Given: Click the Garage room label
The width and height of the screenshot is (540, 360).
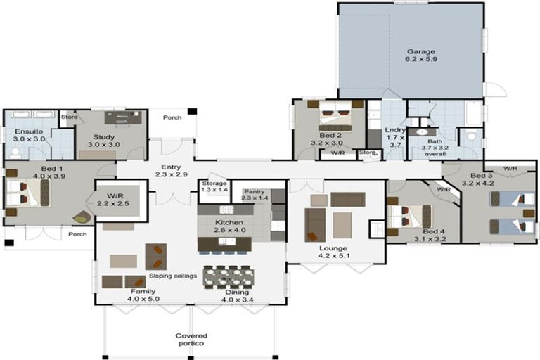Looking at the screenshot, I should pos(420,51).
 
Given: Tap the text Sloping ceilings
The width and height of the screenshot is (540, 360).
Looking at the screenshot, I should pos(172,276).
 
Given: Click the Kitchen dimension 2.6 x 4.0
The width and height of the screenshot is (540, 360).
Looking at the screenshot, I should pos(229,229).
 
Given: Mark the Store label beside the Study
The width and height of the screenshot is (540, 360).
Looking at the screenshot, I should pos(68,117).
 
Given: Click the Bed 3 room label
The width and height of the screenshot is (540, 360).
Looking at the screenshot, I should pos(482,174).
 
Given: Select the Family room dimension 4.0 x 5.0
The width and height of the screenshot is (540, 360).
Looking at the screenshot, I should pos(143,299).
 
